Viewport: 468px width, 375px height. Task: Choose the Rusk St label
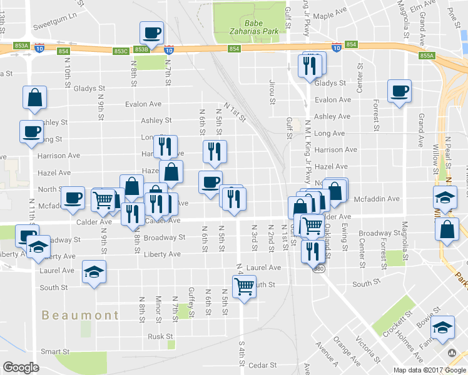point(156,336)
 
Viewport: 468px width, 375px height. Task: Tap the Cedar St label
point(262,364)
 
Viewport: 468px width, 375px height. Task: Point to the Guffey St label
point(191,301)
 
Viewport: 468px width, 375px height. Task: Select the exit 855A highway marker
point(427,56)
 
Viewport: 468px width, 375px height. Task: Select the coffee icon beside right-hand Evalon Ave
point(399,91)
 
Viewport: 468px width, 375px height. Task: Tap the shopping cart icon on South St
point(244,286)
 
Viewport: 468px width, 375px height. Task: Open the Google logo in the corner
point(21,367)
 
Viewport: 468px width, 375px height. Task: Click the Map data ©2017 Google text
point(430,369)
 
